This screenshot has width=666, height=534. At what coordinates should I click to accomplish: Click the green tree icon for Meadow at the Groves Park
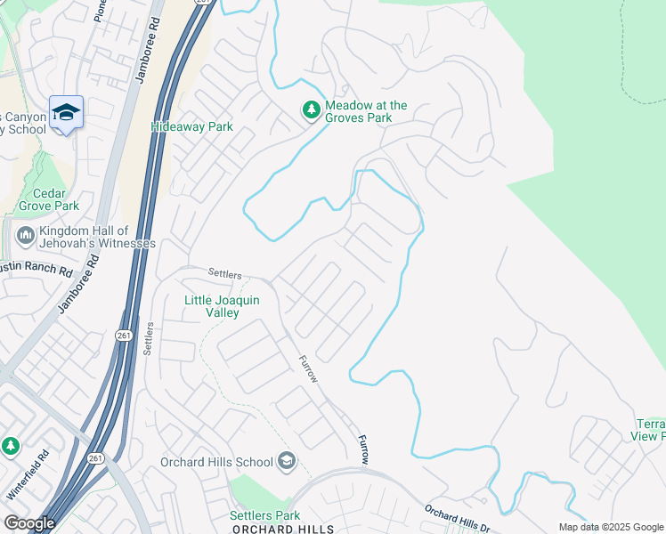click(x=311, y=110)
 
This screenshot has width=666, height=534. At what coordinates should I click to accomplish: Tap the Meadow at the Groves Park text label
click(x=365, y=111)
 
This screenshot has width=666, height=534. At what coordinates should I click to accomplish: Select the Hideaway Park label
click(x=191, y=127)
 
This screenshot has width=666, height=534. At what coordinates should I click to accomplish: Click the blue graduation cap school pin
click(x=66, y=113)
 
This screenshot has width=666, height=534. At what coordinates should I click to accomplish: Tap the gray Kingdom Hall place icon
click(x=25, y=237)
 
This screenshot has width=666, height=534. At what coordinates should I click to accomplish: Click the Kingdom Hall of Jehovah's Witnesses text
click(x=97, y=237)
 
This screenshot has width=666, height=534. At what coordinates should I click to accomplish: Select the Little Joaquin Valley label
click(x=222, y=306)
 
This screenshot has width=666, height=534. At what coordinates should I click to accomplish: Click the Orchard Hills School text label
click(x=216, y=461)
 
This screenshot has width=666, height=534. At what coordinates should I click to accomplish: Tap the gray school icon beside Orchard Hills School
click(x=287, y=460)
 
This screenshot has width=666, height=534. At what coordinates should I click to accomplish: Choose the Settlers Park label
click(x=264, y=515)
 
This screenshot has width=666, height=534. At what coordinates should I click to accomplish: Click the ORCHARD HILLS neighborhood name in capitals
click(x=283, y=529)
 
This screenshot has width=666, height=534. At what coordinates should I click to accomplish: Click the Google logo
click(x=29, y=523)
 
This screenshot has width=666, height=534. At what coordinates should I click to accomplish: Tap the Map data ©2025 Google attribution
click(x=610, y=527)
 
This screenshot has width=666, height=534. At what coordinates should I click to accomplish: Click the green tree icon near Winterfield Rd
click(x=10, y=445)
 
